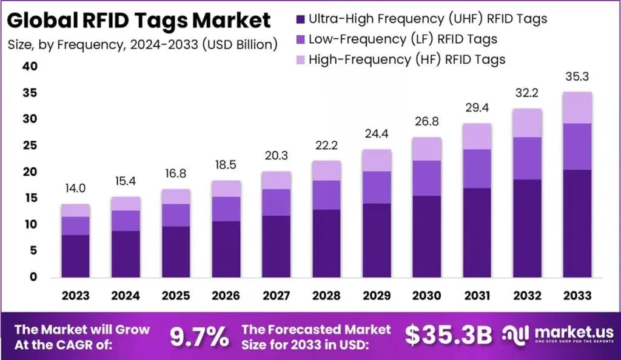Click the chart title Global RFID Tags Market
point(139,20)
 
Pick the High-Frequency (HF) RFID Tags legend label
point(406,59)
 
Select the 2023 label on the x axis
point(75,296)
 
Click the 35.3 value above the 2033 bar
point(576,77)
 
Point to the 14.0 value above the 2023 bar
point(75,188)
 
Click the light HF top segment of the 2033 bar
point(577,107)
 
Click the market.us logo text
point(570,332)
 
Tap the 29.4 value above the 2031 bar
point(477,108)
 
